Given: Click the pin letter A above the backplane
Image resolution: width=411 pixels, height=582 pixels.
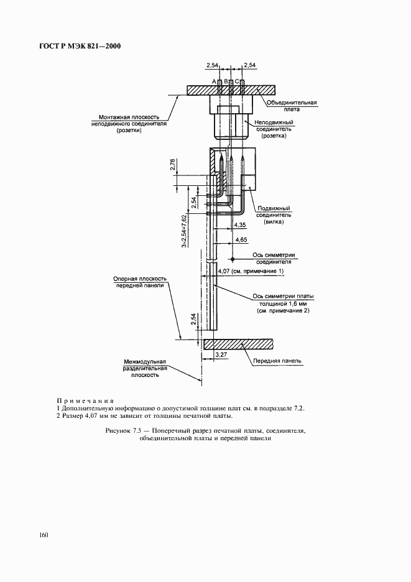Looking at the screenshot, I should (214, 81).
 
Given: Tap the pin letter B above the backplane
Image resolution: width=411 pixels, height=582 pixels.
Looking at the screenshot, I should (226, 81).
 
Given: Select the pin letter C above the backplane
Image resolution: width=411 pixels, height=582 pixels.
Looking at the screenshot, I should (237, 81).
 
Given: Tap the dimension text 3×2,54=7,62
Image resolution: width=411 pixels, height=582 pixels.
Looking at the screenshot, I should (185, 231).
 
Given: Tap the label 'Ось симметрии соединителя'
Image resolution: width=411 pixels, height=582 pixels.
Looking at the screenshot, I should (274, 258).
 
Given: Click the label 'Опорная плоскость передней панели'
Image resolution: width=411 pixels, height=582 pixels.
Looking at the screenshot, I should (138, 283).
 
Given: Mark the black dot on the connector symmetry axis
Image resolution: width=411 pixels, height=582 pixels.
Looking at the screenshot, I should (231, 258).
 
